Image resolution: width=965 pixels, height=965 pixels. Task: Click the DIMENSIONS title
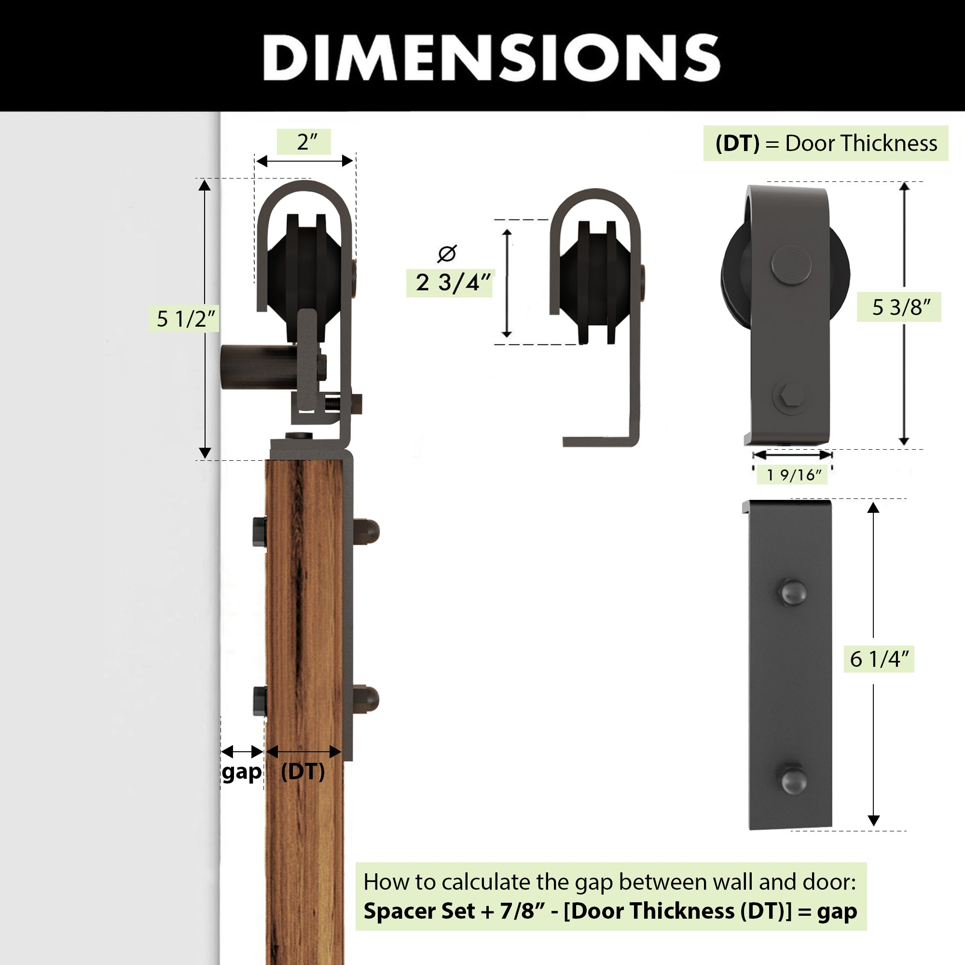click(x=492, y=57)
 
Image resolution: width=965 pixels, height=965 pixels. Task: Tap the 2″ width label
click(x=307, y=142)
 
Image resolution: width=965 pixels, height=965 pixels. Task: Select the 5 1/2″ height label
click(x=185, y=318)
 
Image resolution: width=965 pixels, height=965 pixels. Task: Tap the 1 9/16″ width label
click(x=794, y=474)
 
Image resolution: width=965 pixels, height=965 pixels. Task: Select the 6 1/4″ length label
click(x=879, y=659)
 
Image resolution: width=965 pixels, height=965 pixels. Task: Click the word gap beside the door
click(x=242, y=772)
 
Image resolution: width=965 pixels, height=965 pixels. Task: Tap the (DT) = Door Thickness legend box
click(x=826, y=143)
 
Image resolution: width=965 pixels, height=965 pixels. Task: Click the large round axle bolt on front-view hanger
click(x=791, y=264)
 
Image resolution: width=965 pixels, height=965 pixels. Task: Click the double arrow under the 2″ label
click(x=304, y=161)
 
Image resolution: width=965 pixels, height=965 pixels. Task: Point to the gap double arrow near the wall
click(x=242, y=752)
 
